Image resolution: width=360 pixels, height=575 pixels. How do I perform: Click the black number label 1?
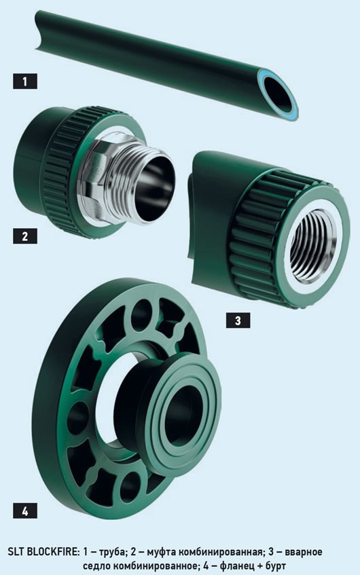coord(25,81)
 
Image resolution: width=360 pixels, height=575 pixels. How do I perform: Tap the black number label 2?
coord(25,236)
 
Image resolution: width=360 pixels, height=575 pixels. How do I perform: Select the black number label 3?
coord(238,320)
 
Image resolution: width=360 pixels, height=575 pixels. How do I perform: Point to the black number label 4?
coord(25,511)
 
